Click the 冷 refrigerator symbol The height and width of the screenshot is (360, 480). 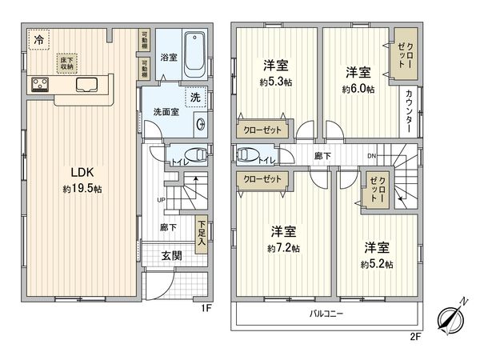tap(38, 38)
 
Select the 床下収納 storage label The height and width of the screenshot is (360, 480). tap(65, 62)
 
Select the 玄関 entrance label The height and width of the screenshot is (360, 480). tap(171, 256)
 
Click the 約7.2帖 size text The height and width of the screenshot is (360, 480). tap(284, 249)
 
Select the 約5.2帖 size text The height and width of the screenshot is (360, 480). tap(376, 264)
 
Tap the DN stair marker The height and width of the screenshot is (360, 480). tap(370, 155)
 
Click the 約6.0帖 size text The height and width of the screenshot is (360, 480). tap(358, 90)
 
